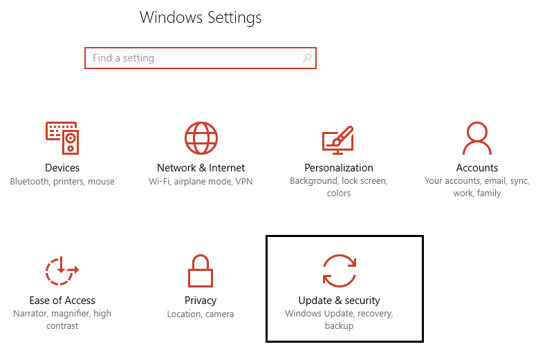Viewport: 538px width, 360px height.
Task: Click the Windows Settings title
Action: pyautogui.click(x=201, y=17)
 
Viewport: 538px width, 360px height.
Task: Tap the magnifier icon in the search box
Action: pyautogui.click(x=307, y=58)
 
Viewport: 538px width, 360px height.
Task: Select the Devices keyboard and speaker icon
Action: pyautogui.click(x=62, y=138)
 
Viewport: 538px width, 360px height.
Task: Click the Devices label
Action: pyautogui.click(x=62, y=168)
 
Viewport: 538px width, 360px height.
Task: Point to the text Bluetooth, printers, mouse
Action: pyautogui.click(x=62, y=181)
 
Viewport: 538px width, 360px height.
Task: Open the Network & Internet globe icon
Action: pyautogui.click(x=201, y=138)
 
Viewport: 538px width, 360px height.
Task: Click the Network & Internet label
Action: pyautogui.click(x=201, y=168)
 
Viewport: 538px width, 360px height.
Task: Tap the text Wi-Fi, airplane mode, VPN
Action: pyautogui.click(x=201, y=181)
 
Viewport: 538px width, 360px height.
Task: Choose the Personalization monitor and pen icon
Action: pyautogui.click(x=338, y=139)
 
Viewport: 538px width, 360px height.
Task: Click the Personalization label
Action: pyautogui.click(x=339, y=168)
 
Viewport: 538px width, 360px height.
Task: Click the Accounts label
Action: pyautogui.click(x=477, y=168)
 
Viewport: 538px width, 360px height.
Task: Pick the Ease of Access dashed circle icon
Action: pyautogui.click(x=62, y=270)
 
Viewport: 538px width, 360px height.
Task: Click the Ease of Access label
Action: pyautogui.click(x=62, y=301)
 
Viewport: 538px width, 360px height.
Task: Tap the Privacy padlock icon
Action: pyautogui.click(x=201, y=271)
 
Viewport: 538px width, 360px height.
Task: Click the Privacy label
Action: pyautogui.click(x=201, y=301)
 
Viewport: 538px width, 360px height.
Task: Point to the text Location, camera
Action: pyautogui.click(x=201, y=314)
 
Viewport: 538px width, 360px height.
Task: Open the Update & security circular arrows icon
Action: pyautogui.click(x=339, y=270)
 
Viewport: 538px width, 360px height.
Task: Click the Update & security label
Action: pyautogui.click(x=339, y=301)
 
